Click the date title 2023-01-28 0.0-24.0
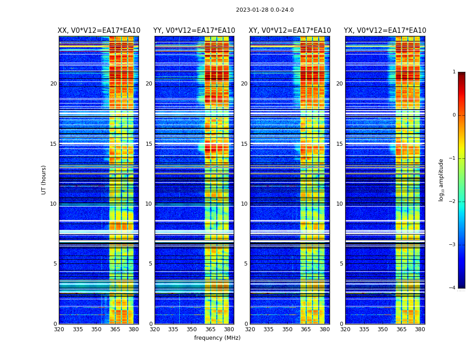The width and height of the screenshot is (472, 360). (x=265, y=10)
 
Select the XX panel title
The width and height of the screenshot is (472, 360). (x=99, y=31)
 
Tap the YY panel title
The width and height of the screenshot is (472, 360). (x=194, y=31)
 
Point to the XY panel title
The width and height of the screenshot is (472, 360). (x=290, y=31)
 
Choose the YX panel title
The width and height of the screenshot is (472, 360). (x=385, y=31)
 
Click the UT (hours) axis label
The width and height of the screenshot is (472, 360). (x=44, y=180)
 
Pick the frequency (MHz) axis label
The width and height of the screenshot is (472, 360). (x=217, y=338)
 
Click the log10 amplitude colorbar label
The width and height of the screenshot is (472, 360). (x=441, y=180)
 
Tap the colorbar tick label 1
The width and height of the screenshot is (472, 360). (x=454, y=72)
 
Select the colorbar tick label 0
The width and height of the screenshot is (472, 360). (x=454, y=115)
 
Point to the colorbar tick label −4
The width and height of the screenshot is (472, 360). (x=453, y=288)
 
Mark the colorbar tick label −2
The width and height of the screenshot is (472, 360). (x=453, y=202)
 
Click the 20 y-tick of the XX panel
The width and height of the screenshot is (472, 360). (x=53, y=84)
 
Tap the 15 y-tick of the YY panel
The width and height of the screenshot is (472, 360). (x=149, y=144)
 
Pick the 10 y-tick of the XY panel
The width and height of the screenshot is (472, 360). (x=244, y=204)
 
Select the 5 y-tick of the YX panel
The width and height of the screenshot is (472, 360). (x=341, y=264)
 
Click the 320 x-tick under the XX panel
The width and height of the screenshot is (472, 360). (x=59, y=329)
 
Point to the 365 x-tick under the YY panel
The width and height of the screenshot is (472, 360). (x=210, y=329)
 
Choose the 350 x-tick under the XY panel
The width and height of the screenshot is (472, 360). (x=287, y=329)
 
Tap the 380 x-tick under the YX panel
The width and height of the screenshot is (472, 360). (x=420, y=329)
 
